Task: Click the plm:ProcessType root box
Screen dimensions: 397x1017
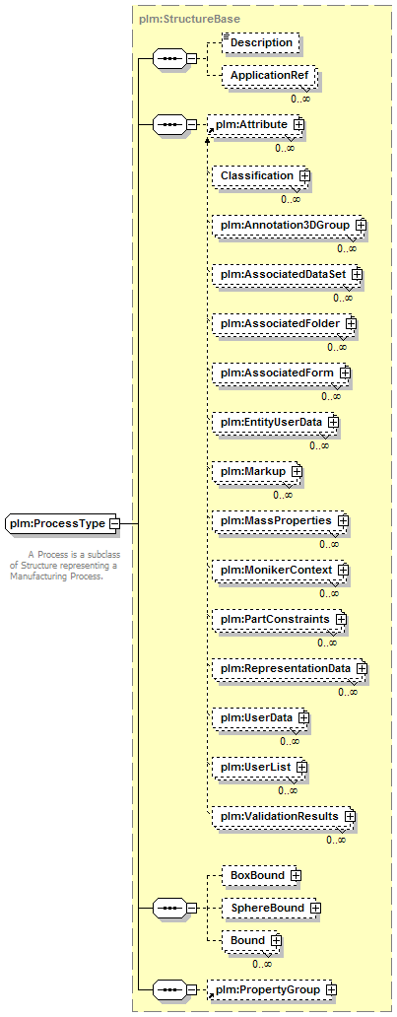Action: [x=62, y=523]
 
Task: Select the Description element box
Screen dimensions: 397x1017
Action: [x=261, y=42]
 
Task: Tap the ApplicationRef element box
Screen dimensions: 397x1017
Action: [x=269, y=76]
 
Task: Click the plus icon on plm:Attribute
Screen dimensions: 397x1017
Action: [x=298, y=122]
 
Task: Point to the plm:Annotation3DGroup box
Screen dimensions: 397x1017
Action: [x=290, y=225]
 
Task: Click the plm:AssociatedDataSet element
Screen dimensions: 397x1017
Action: [x=288, y=274]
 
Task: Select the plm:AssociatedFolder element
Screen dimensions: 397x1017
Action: [x=285, y=323]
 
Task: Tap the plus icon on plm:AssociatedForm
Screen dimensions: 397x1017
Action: [x=345, y=373]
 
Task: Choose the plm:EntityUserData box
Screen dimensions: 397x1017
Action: [x=276, y=422]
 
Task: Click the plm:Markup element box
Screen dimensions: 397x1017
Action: [x=257, y=471]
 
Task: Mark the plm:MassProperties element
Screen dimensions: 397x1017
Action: [x=281, y=521]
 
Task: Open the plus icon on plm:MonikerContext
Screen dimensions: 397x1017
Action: [x=343, y=571]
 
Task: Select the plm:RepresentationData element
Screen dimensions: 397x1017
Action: [x=290, y=669]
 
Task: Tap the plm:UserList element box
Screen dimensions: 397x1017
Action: [x=259, y=768]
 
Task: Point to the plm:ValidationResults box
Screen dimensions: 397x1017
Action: [x=284, y=817]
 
